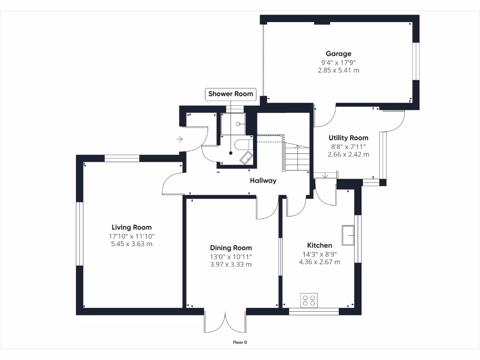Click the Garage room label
tap(338, 54)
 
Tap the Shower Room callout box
tap(231, 94)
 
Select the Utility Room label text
tap(348, 138)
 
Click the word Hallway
tap(263, 180)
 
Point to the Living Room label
tap(131, 227)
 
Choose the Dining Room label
tap(231, 248)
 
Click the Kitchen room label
tap(319, 246)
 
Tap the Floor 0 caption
tap(240, 342)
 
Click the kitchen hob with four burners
tap(309, 300)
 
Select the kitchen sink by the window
tap(348, 235)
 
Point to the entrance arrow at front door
tap(180, 139)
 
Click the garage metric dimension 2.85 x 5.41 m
tap(338, 70)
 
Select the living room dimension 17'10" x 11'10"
tap(131, 236)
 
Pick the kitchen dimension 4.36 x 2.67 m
tap(319, 262)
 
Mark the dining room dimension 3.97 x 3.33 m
tap(231, 264)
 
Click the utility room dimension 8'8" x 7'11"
tap(348, 146)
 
